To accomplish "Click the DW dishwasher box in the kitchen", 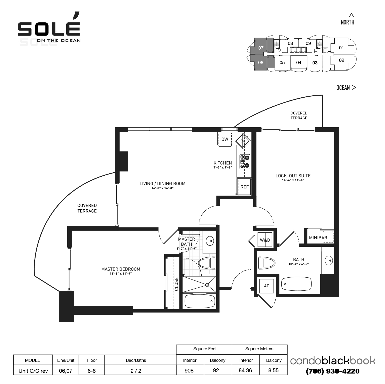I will click(224, 139).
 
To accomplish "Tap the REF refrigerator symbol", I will click(244, 187).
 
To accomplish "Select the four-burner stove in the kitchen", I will click(245, 162).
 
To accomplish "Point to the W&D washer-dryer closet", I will click(265, 240).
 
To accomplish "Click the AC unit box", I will click(266, 286).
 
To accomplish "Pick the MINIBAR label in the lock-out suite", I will click(318, 238).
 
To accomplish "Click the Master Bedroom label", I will click(121, 269).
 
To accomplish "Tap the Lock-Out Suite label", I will click(293, 176).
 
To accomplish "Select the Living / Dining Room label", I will click(162, 184).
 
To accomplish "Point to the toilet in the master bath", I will click(207, 263).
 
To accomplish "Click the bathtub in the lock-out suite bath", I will click(296, 284).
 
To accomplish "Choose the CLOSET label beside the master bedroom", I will click(176, 283).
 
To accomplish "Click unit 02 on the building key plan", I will click(341, 60).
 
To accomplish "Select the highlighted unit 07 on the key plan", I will click(261, 48).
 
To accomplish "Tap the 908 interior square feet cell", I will click(189, 370).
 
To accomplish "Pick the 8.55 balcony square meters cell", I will click(273, 370).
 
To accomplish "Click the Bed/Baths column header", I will click(136, 360).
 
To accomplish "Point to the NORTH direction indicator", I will click(348, 20).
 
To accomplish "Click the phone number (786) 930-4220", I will click(333, 371).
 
